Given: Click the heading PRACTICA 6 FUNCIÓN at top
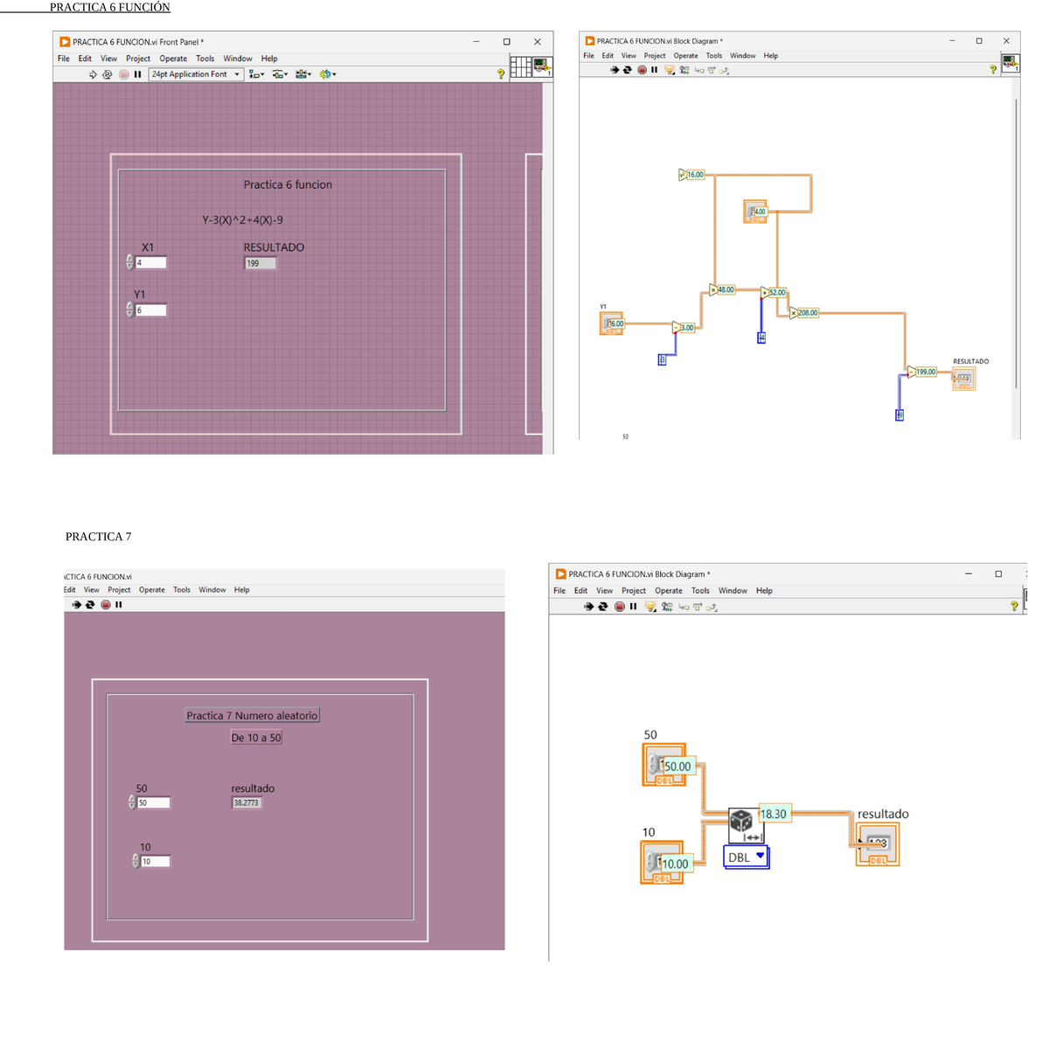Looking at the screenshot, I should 109,7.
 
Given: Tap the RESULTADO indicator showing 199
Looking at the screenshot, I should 260,263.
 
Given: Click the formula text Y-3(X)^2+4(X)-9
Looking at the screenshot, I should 242,220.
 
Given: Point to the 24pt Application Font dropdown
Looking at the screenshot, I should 195,74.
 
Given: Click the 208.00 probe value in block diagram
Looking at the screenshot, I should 807,313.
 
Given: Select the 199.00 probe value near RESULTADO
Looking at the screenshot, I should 925,372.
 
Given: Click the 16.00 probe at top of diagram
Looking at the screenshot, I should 694,175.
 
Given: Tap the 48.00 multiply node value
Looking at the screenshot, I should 725,290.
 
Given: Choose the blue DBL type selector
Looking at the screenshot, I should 746,858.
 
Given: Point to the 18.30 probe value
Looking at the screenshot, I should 774,814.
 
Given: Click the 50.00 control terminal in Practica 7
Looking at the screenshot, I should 677,767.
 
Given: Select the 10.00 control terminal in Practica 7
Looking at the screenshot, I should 674,864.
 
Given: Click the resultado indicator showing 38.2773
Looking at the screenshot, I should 247,802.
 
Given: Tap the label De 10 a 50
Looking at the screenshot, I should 256,738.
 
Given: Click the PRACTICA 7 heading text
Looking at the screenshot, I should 98,537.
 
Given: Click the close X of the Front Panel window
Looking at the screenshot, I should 538,42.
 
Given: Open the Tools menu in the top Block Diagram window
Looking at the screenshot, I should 713,56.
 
